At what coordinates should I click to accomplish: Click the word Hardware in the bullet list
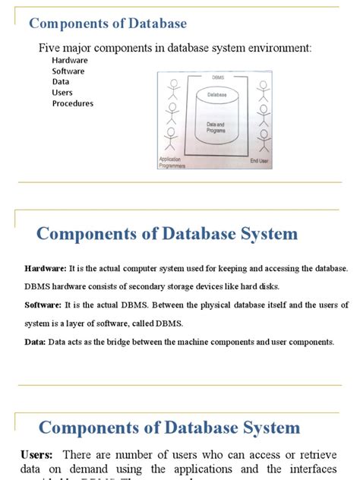(70, 60)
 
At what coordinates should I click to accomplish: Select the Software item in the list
(68, 71)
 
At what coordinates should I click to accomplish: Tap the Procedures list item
(73, 103)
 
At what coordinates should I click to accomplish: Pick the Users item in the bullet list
(62, 93)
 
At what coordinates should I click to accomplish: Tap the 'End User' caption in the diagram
(260, 161)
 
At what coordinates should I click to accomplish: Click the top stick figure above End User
(263, 90)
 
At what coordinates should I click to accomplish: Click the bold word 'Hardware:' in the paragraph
(46, 270)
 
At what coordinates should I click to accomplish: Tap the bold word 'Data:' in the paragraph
(35, 342)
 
